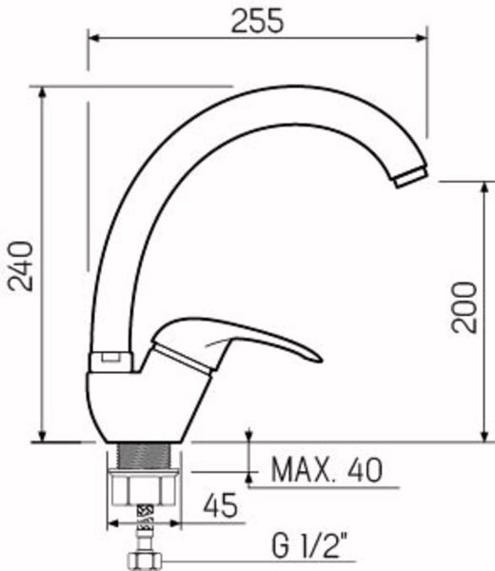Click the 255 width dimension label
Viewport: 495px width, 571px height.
[x=257, y=21]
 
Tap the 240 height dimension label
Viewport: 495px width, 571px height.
[x=21, y=266]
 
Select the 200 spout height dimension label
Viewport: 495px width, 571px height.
[x=464, y=307]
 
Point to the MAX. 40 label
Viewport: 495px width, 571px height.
[x=327, y=470]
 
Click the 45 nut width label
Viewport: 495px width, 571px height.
[x=220, y=505]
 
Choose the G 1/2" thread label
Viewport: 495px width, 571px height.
[x=309, y=545]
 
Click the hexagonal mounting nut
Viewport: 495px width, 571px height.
[x=145, y=488]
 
